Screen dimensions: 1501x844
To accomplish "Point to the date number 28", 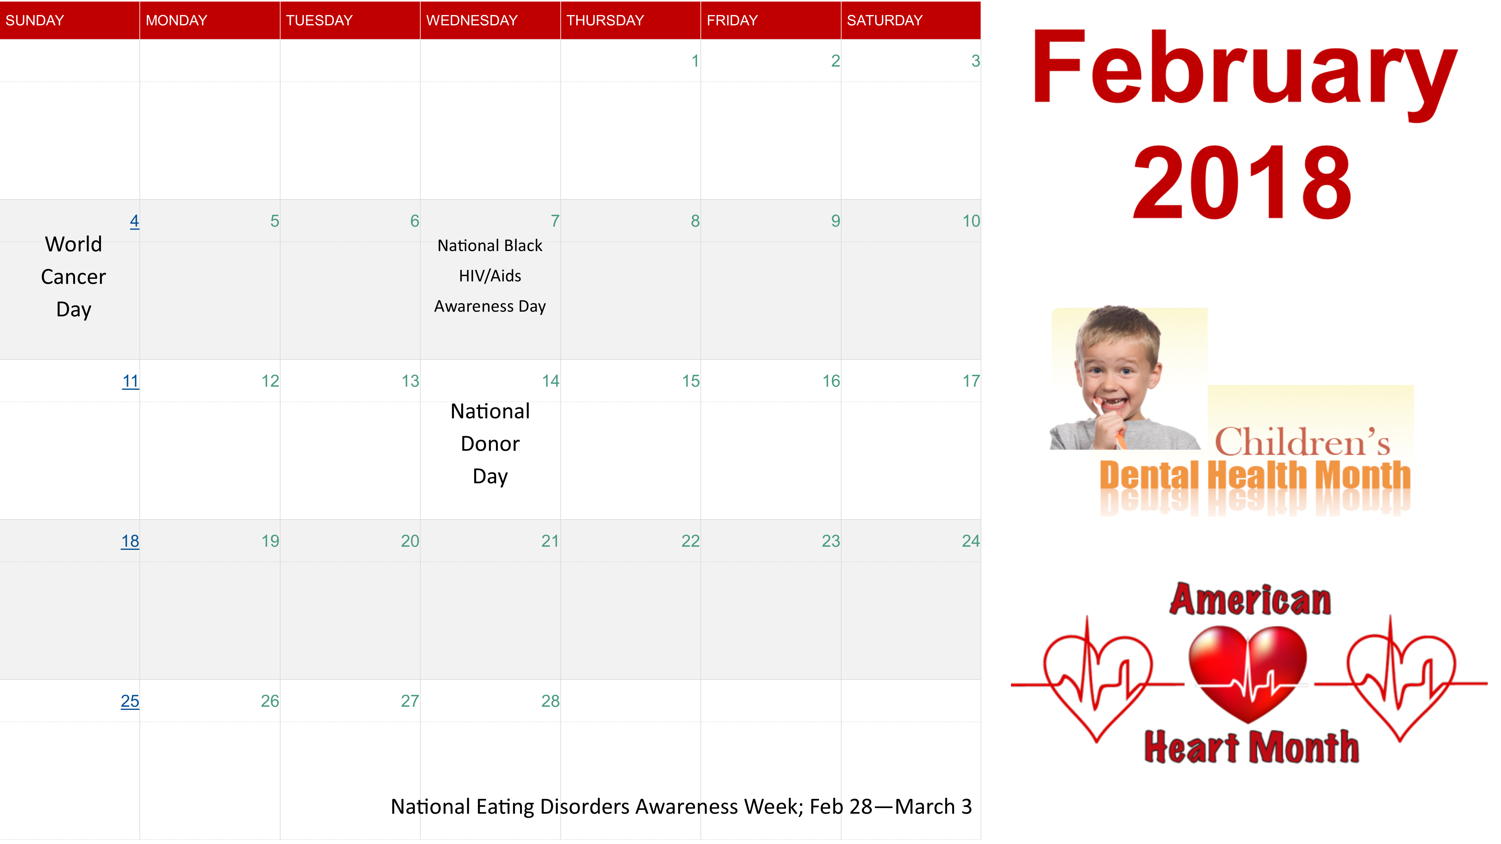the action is tap(550, 701).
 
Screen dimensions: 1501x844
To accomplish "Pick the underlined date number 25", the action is tap(130, 701).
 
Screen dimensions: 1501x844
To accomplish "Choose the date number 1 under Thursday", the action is tap(695, 61).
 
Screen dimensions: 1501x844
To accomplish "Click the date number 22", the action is tap(690, 541).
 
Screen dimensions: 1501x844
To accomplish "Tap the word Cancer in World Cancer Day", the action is tap(73, 277).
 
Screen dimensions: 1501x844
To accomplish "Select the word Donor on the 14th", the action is tap(490, 444).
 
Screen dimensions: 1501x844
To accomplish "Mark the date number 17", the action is tap(971, 381).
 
